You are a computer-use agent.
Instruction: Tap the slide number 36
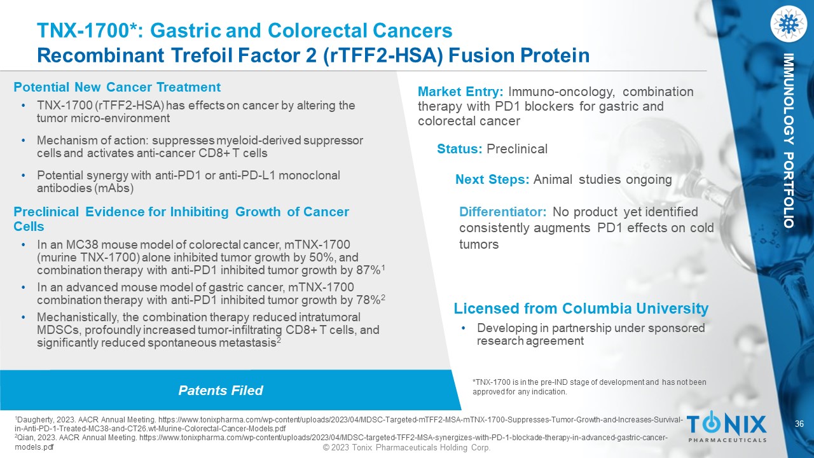pos(799,424)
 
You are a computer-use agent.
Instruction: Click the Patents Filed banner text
pos(221,391)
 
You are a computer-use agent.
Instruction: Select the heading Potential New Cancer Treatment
pos(117,87)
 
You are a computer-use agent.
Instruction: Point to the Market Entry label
pos(460,92)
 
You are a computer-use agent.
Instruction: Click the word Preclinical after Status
pos(517,149)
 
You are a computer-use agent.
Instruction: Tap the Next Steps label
pos(492,179)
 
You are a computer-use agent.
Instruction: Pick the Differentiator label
pos(502,212)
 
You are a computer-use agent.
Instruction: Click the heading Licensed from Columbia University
pos(581,309)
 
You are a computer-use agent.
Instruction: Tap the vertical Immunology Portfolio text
pos(789,141)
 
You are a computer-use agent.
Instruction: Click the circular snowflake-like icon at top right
pos(789,24)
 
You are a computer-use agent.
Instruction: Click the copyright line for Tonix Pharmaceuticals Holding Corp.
pos(407,447)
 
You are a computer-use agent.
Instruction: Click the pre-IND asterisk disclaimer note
pos(589,387)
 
